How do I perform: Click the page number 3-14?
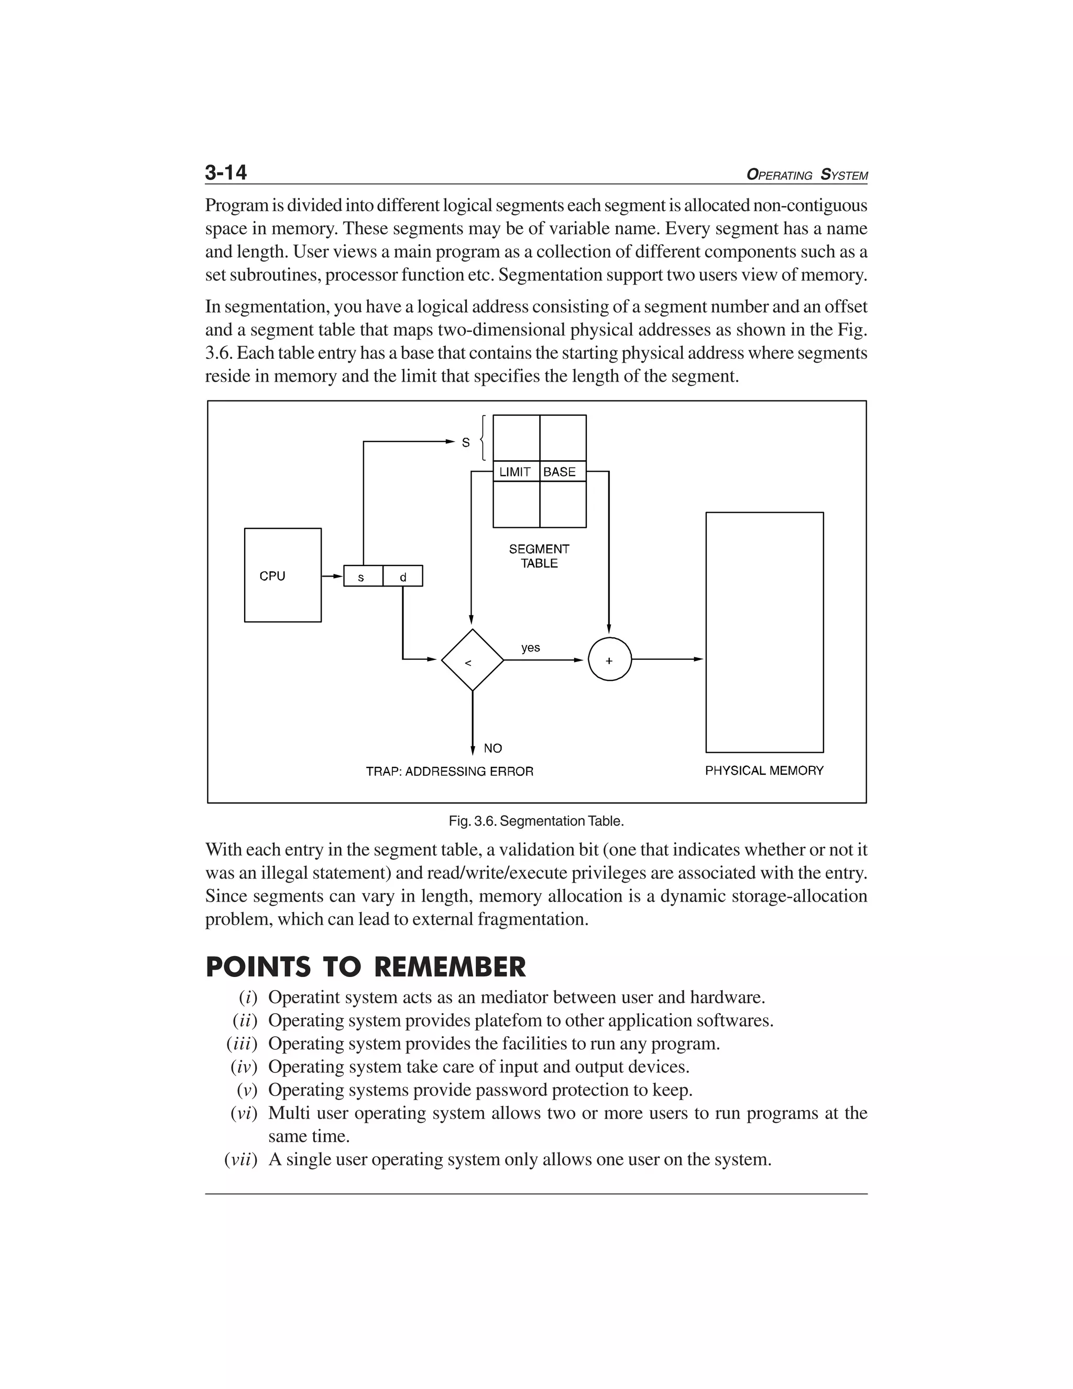[226, 173]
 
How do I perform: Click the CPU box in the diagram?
[282, 575]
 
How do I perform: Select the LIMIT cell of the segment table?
[515, 472]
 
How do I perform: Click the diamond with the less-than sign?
[472, 660]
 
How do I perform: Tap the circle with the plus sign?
[610, 660]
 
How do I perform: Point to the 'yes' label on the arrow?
[530, 647]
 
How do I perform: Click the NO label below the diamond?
[492, 748]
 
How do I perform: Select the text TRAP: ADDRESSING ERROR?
[450, 772]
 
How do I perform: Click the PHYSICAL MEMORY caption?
[764, 771]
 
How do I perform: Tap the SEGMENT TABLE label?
[539, 556]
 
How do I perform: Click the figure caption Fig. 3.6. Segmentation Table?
[536, 821]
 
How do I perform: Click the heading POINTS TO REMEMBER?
[366, 968]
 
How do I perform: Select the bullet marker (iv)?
[244, 1067]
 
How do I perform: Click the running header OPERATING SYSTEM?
[807, 175]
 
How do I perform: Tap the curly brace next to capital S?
[484, 438]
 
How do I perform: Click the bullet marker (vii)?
[240, 1159]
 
